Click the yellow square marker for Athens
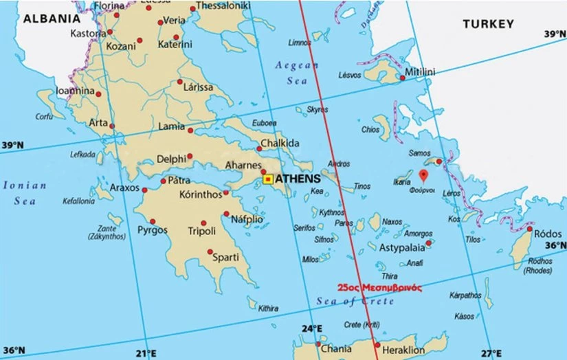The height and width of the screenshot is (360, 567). [268, 180]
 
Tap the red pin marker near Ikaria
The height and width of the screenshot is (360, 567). [424, 175]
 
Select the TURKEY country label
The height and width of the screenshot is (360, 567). [487, 24]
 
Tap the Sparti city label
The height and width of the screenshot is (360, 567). [226, 258]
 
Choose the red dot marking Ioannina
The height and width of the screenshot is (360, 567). [98, 94]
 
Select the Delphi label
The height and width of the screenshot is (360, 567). [171, 159]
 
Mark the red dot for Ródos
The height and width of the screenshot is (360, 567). [530, 229]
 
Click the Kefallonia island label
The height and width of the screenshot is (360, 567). [79, 201]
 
